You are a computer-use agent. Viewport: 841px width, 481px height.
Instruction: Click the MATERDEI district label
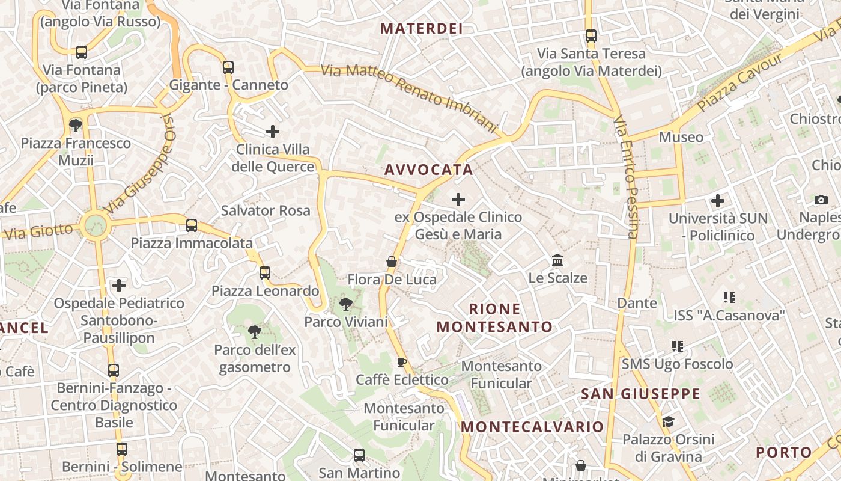coord(421,28)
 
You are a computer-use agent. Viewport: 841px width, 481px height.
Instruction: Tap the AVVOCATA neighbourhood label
coord(429,170)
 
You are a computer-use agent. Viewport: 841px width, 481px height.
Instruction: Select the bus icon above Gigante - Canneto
coord(228,67)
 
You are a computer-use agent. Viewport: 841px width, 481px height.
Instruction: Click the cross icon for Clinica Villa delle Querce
coord(273,131)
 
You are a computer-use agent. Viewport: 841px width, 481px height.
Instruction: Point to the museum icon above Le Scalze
coord(557,260)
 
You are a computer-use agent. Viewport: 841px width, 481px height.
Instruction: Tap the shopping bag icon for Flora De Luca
coord(392,262)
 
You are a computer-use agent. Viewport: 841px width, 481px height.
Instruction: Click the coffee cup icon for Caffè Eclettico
coord(402,362)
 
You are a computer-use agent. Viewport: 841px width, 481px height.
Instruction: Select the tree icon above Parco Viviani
coord(345,304)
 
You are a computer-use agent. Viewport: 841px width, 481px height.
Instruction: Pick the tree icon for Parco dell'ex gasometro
coord(255,331)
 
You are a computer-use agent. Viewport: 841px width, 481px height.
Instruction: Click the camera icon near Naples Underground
coord(821,200)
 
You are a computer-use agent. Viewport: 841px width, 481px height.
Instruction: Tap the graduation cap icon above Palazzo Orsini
coord(668,421)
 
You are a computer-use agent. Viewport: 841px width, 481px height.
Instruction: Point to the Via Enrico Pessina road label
coord(626,177)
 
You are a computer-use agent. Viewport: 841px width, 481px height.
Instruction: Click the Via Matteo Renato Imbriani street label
coord(409,98)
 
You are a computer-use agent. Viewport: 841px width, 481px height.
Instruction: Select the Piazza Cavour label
coord(740,82)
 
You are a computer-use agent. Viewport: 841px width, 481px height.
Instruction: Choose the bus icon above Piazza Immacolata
coord(192,225)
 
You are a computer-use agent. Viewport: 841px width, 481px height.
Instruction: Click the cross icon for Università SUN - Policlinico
coord(717,201)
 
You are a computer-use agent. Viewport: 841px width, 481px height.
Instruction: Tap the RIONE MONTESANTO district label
coord(494,318)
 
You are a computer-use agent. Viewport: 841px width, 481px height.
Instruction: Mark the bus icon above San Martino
coord(359,455)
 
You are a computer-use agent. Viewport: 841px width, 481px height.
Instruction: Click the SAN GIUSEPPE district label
coord(640,394)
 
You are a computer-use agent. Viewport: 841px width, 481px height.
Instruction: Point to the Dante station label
coord(637,303)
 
